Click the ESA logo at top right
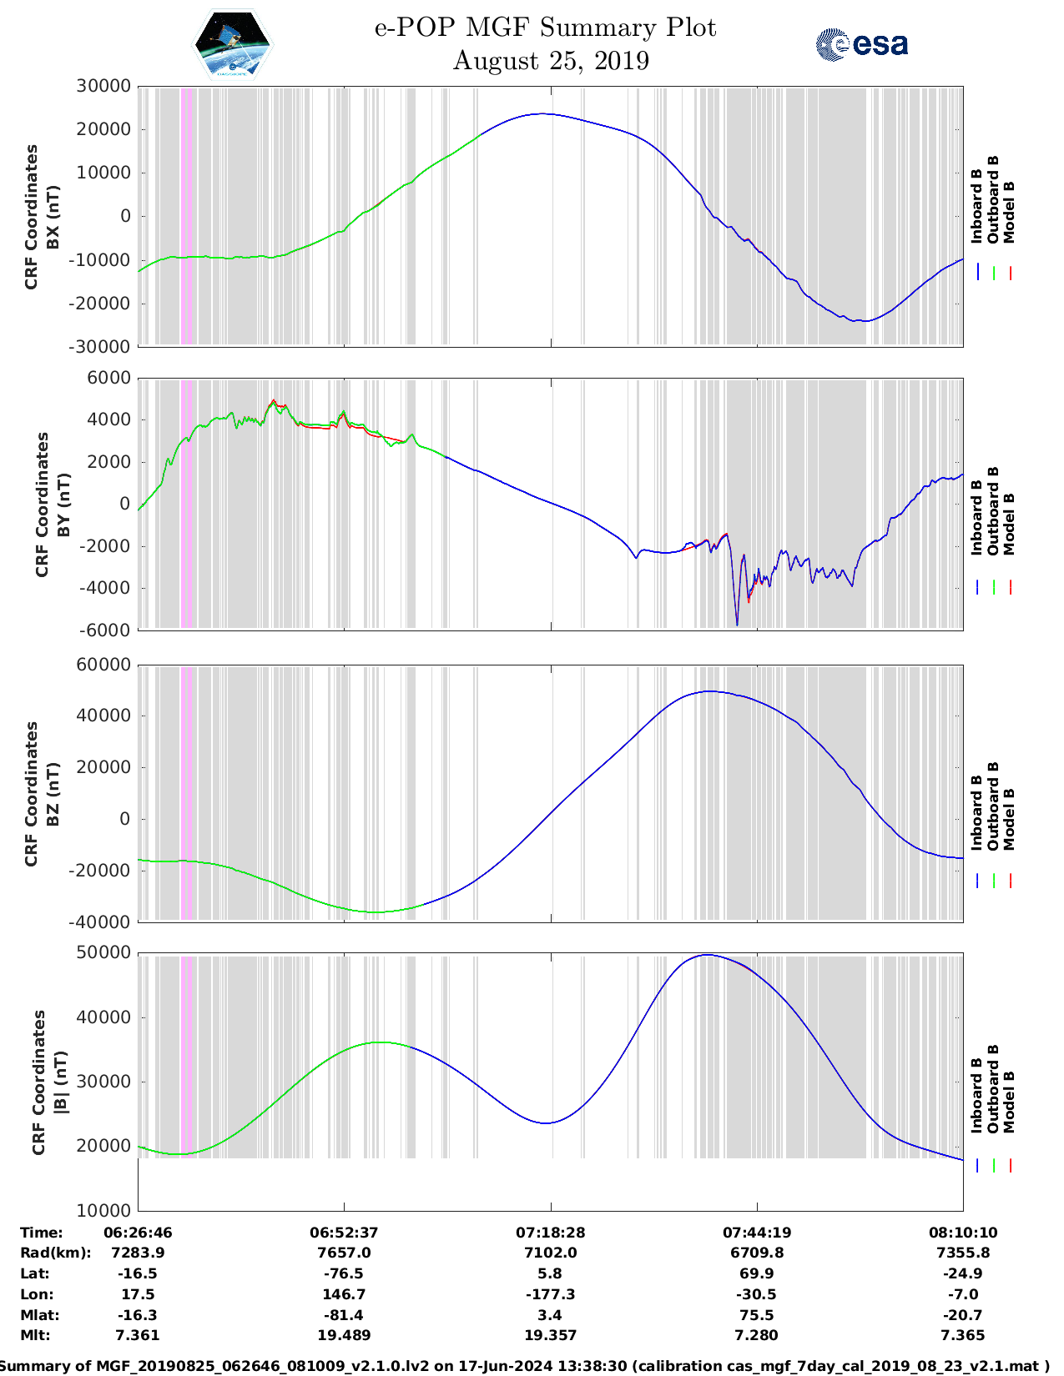click(x=861, y=44)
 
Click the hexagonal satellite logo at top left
click(x=233, y=44)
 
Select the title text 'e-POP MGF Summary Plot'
click(x=545, y=28)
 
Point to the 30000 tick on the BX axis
click(x=103, y=86)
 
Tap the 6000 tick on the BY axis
click(x=109, y=378)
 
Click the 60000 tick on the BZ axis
click(x=103, y=665)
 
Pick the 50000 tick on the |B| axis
click(x=103, y=952)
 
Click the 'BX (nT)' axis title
click(x=53, y=217)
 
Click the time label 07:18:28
click(x=550, y=1232)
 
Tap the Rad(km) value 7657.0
click(x=344, y=1253)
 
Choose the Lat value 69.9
click(x=757, y=1273)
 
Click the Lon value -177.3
click(x=550, y=1294)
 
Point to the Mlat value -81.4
click(x=344, y=1315)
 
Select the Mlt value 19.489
click(x=344, y=1335)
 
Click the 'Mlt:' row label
click(x=35, y=1335)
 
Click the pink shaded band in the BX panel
click(x=187, y=217)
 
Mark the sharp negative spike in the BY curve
click(x=737, y=621)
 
